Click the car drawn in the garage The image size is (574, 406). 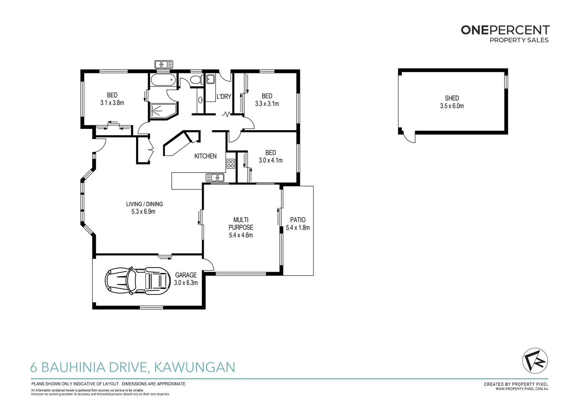137,281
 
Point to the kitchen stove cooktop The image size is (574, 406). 230,164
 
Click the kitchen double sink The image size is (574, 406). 215,177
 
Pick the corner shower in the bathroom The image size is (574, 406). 163,111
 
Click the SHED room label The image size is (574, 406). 452,98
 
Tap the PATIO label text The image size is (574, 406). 298,220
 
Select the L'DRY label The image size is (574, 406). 224,97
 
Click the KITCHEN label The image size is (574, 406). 205,156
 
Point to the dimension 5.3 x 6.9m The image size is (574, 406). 143,212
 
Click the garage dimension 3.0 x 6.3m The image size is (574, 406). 186,283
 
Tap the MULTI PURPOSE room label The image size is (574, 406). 241,223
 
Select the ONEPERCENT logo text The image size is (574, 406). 505,30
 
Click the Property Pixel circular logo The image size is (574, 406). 535,361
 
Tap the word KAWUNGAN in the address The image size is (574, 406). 195,367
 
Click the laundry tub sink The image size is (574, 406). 210,79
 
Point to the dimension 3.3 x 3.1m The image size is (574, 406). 267,104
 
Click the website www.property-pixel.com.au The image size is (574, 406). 522,389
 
